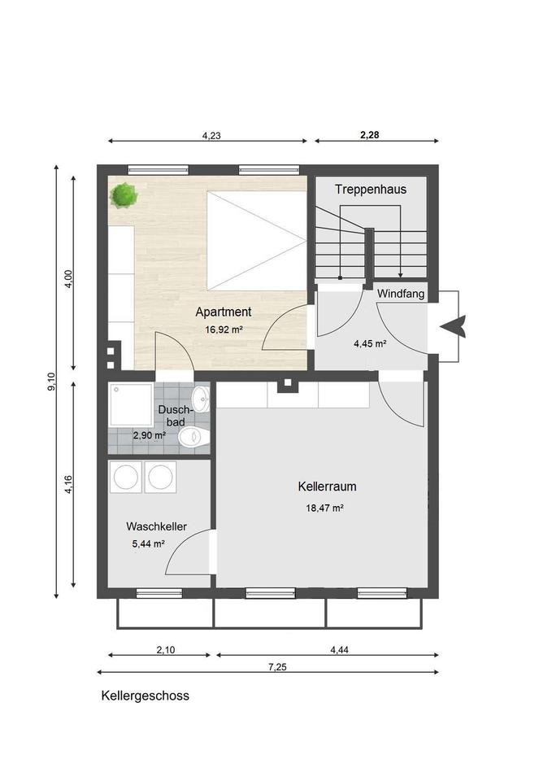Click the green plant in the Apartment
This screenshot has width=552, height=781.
[x=124, y=194]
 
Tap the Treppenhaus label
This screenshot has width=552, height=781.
[x=371, y=190]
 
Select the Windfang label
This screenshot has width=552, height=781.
[x=401, y=294]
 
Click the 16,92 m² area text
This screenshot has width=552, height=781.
[x=224, y=329]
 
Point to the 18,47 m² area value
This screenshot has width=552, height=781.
[x=324, y=508]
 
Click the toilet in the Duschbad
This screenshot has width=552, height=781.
[x=194, y=437]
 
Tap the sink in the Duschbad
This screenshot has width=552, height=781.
[x=201, y=399]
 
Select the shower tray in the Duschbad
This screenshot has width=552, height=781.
[x=131, y=405]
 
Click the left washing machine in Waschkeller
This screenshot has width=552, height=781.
[x=126, y=478]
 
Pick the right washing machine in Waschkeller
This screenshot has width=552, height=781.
[x=160, y=478]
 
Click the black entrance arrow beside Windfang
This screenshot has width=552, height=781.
[x=453, y=327]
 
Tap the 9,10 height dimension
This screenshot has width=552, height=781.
[x=52, y=382]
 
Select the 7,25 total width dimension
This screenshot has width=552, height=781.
[x=277, y=667]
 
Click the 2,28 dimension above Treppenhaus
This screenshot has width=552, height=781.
[x=369, y=135]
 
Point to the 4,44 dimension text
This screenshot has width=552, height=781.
[x=339, y=650]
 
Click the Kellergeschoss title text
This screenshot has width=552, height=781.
[x=145, y=696]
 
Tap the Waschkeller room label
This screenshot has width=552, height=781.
[x=156, y=526]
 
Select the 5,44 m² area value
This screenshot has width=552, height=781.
[x=148, y=544]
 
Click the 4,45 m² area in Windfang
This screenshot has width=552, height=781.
[x=371, y=343]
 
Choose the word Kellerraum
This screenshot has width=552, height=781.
[x=327, y=486]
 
